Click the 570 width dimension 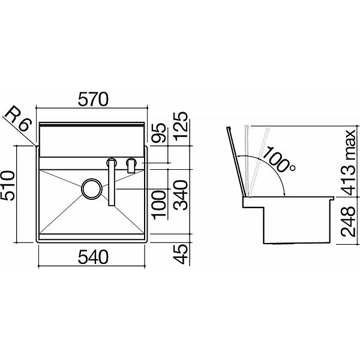click(x=93, y=100)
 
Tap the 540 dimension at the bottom click(x=93, y=257)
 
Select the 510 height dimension click(x=8, y=185)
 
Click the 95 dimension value click(x=159, y=133)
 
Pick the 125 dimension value click(x=181, y=127)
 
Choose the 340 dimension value click(x=181, y=196)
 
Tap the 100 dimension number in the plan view click(x=159, y=205)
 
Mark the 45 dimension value click(x=181, y=254)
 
